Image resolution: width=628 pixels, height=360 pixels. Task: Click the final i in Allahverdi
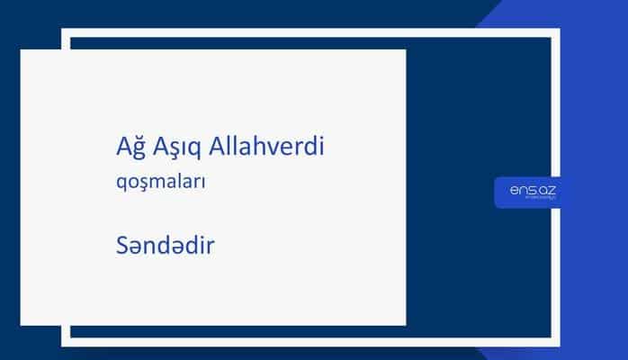click(320, 146)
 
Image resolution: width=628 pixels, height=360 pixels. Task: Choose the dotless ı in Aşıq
click(183, 148)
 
